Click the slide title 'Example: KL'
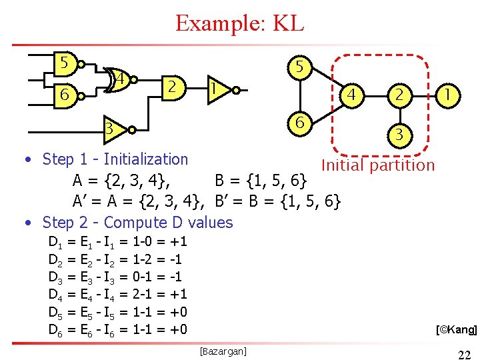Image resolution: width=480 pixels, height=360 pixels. point(239,23)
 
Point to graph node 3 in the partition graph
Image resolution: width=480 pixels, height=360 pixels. point(399,134)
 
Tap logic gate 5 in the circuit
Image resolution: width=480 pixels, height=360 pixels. point(65,64)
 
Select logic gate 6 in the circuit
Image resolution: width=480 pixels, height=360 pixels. point(65,95)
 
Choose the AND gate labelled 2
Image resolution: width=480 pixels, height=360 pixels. point(173,87)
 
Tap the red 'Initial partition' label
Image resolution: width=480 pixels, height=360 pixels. point(377,165)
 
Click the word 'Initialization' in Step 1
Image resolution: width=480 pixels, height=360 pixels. point(146,159)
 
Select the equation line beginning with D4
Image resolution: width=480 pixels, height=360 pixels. point(117,294)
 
